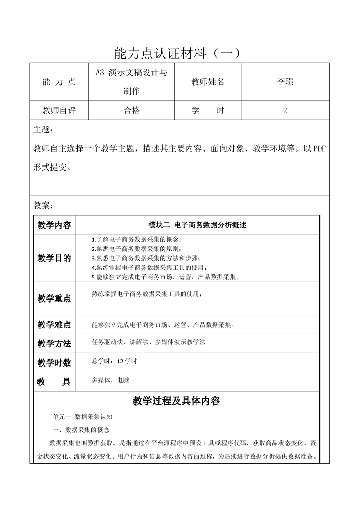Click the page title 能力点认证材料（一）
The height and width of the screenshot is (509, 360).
coord(180,53)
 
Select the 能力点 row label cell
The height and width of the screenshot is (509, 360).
coord(59,82)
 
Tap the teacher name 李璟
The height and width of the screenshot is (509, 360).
coord(285,82)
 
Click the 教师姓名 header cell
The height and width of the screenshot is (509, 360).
coord(208,82)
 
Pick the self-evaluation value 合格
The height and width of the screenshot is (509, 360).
coord(132,110)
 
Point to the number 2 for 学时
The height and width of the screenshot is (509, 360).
coord(285,110)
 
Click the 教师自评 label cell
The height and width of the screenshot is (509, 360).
coord(59,110)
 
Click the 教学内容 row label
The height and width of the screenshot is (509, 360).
coord(54,225)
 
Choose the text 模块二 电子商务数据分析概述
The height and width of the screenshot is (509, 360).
coord(197,225)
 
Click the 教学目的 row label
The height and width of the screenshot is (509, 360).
coord(54,259)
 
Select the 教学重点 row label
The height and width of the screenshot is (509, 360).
coord(54,299)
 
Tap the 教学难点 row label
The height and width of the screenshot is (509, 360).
coord(54,325)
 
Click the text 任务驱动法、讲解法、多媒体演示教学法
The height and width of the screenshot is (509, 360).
coord(148,342)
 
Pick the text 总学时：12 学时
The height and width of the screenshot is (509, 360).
coord(114,362)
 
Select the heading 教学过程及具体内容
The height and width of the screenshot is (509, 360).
coord(177,401)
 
